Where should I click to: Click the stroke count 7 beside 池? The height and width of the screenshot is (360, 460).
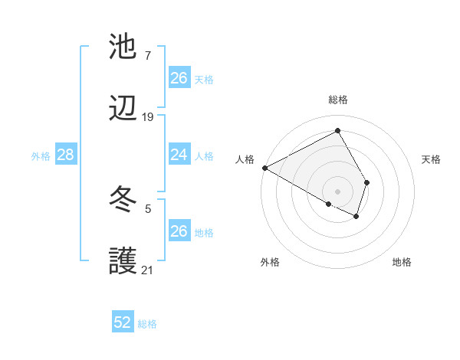(x=147, y=56)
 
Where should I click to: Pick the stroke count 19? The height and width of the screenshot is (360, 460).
(x=147, y=117)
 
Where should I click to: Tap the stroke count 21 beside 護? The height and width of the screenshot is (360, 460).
(x=147, y=270)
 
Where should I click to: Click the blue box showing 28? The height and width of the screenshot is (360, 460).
(x=66, y=155)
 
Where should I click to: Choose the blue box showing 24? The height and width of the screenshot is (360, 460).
(x=179, y=155)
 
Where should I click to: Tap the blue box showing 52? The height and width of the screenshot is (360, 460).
(x=123, y=323)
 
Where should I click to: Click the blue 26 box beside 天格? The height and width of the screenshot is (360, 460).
(x=179, y=78)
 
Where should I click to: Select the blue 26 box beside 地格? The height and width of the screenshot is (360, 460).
(x=179, y=231)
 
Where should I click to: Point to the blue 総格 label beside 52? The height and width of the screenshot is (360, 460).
(x=147, y=324)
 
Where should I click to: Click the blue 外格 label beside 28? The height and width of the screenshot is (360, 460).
(x=41, y=156)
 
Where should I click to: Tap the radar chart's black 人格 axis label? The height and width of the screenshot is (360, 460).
(x=245, y=159)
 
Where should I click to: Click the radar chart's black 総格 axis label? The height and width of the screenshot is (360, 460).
(x=338, y=100)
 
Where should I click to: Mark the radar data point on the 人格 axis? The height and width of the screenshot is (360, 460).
(x=264, y=167)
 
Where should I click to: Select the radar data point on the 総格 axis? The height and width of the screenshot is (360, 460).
(x=338, y=130)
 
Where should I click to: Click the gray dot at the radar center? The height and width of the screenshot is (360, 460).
(x=338, y=191)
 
